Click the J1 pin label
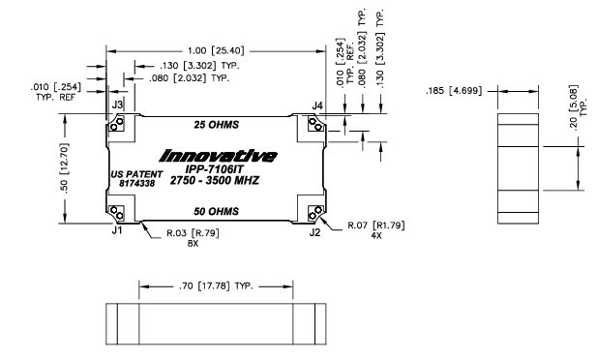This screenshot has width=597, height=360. (117, 233)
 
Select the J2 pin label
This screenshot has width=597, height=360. (314, 233)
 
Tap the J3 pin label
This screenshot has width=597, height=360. (117, 104)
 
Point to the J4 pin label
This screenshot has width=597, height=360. (317, 104)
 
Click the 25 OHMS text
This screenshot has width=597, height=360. (217, 126)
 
